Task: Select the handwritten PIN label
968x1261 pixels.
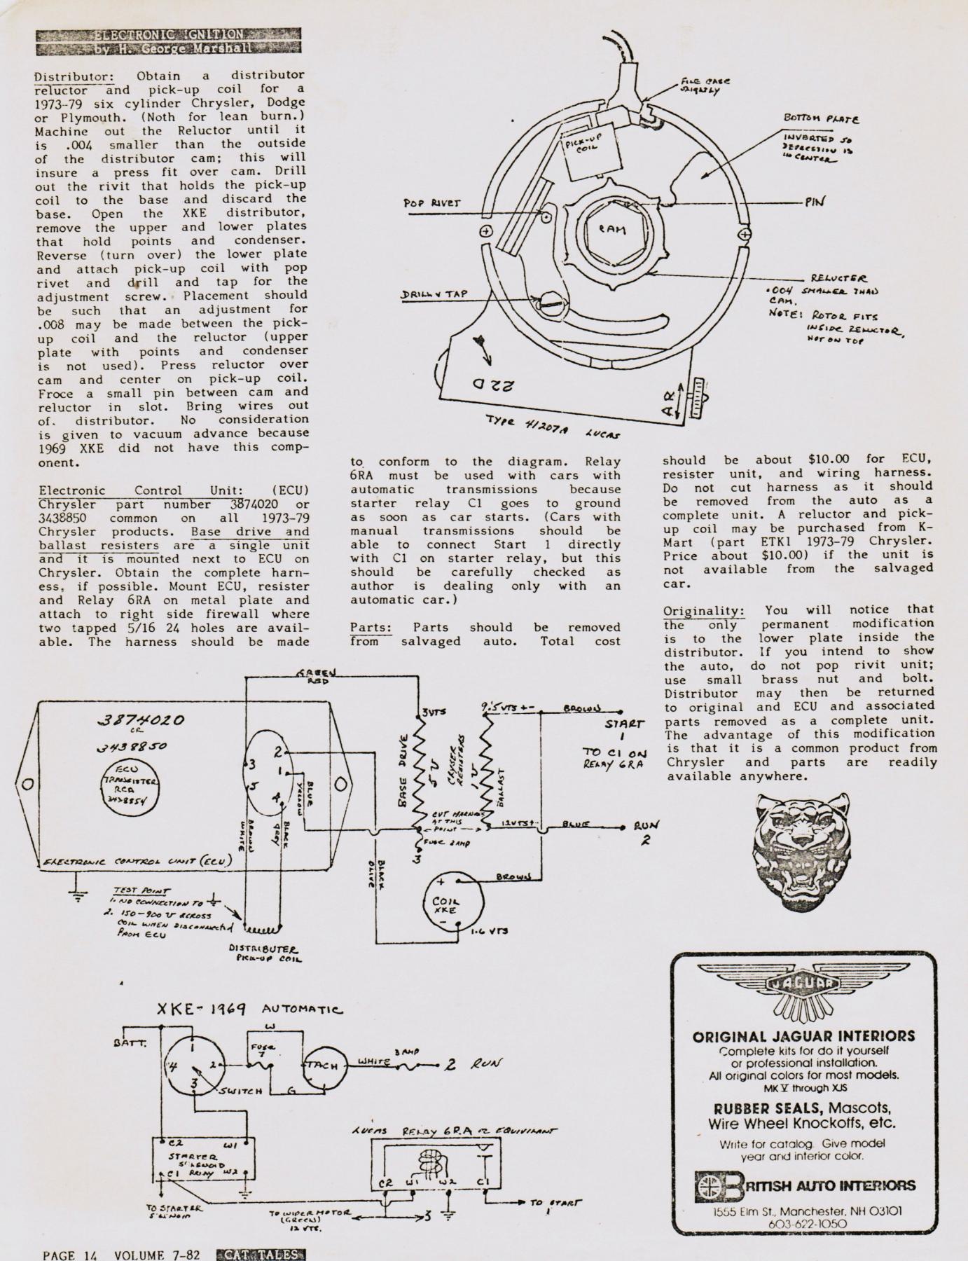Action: click(814, 201)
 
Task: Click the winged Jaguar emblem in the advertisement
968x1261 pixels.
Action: click(803, 986)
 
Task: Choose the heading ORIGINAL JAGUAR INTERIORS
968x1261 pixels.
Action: click(803, 1036)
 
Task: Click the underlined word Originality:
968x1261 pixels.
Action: click(703, 611)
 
